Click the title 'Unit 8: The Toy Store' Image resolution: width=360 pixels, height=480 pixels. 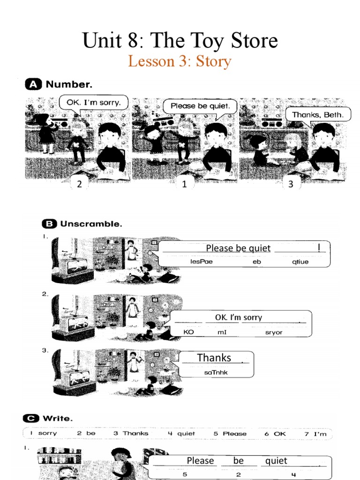point(180,41)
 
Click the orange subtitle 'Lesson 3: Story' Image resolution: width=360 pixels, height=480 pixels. point(180,61)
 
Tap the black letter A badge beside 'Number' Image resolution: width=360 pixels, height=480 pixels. point(32,84)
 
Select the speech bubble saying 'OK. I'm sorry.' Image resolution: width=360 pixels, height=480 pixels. point(93,102)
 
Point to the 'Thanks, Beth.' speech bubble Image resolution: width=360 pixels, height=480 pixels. point(317,114)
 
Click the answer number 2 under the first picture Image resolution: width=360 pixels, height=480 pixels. point(80,184)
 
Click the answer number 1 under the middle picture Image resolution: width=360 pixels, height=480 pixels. point(185,184)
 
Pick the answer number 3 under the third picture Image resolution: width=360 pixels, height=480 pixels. point(291,184)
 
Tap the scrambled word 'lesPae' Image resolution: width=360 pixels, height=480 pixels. point(202,262)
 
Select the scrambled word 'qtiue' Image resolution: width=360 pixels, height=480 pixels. point(300,262)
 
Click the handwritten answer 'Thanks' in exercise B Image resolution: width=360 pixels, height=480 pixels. point(214,358)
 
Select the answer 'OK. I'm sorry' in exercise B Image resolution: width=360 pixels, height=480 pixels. point(238,317)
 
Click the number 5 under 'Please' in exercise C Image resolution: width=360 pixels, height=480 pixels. point(184,474)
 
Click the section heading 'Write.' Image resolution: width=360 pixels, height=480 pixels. point(58,418)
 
